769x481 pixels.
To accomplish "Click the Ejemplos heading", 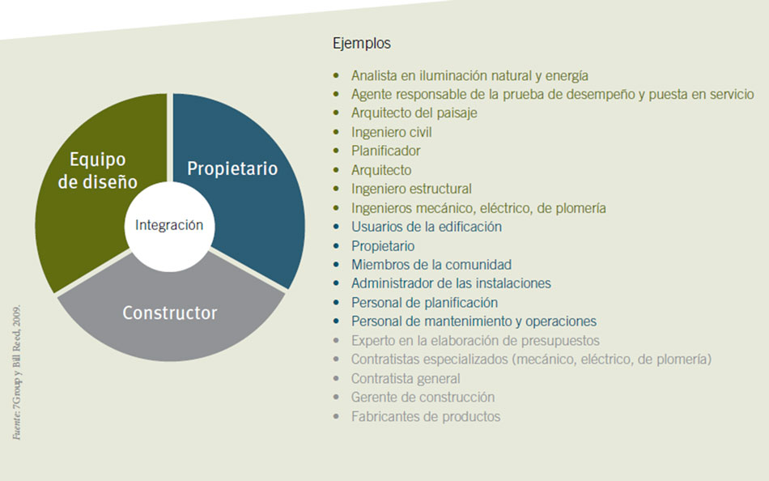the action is pos(362,43).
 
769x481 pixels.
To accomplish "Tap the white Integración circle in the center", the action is pos(169,226).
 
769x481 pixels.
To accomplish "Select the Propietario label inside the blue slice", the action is pos(232,169).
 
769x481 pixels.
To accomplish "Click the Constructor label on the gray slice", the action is pos(170,313).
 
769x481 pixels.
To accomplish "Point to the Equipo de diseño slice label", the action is pos(98,170).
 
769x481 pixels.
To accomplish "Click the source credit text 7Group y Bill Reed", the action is pos(17,372).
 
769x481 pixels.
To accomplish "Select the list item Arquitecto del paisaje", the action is pos(414,113).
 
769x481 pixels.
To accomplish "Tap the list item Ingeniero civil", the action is pos(391,132).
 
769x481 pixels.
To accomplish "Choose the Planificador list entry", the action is pos(385,151).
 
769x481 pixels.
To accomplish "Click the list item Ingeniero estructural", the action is pos(411,189).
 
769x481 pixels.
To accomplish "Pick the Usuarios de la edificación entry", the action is pos(426,227).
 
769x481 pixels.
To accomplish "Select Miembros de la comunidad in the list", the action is pos(431,265).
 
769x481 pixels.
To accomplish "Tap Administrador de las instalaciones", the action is pos(451,283).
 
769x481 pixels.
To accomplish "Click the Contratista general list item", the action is pos(405,378).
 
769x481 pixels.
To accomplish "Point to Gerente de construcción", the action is pos(423,397).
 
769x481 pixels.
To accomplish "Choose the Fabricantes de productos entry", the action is pos(426,417).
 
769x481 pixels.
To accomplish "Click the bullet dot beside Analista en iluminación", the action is pos(336,75).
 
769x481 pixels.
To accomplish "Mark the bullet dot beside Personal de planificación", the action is pos(336,302).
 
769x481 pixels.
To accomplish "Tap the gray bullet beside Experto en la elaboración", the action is pos(336,340).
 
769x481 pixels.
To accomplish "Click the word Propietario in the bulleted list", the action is pos(383,246).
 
